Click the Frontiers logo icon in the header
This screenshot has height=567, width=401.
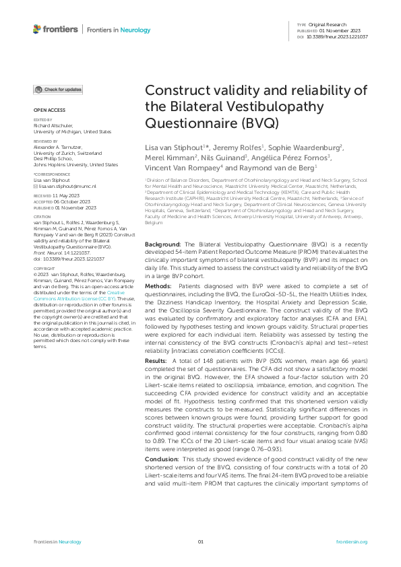coord(37,29)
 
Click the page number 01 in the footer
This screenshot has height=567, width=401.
coord(200,542)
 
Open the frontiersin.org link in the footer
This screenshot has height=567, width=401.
coord(351,542)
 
